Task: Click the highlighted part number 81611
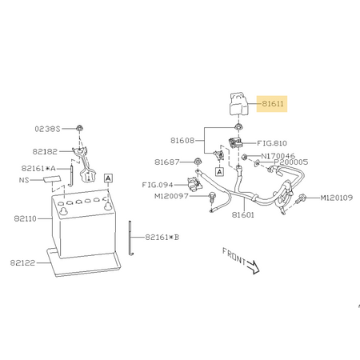tap(273, 103)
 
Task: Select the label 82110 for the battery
tap(25, 218)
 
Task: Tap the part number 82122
tap(22, 263)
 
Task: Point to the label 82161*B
tap(162, 237)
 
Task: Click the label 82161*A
tap(38, 169)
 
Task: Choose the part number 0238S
tap(47, 129)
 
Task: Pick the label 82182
tap(45, 152)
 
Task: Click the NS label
tap(24, 180)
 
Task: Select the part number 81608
tap(182, 141)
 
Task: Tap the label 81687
tap(167, 162)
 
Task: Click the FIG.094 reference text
tap(158, 185)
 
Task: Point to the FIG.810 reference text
tap(272, 143)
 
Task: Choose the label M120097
tap(171, 196)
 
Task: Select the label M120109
tap(337, 198)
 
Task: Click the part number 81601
tap(243, 214)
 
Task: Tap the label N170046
tap(278, 156)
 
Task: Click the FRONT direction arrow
tap(253, 266)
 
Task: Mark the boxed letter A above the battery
tap(108, 178)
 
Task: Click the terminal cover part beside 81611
tap(239, 104)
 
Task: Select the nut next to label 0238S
tap(79, 129)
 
